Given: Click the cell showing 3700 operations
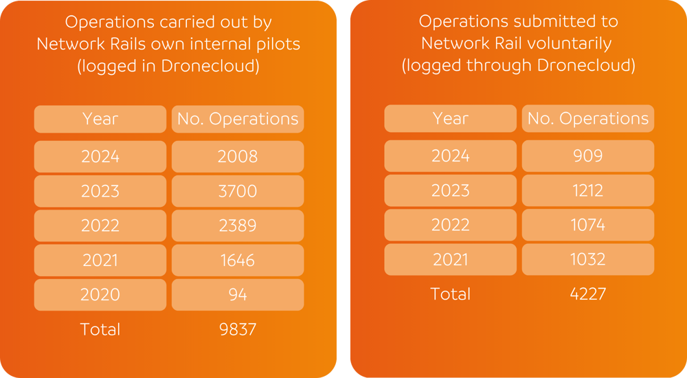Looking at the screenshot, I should click(237, 191).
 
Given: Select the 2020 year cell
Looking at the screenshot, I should click(100, 295).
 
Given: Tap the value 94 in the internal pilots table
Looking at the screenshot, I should click(237, 295).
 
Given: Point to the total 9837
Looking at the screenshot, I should click(237, 329).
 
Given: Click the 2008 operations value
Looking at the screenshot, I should click(237, 157).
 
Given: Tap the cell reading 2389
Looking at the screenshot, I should click(237, 225).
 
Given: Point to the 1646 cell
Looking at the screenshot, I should click(237, 260).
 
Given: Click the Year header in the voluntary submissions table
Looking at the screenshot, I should click(450, 118).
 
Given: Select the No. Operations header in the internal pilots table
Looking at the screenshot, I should click(237, 119).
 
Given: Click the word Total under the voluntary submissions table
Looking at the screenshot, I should click(450, 294).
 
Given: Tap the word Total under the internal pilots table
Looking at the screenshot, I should click(100, 329).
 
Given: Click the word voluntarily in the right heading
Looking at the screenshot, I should click(568, 43).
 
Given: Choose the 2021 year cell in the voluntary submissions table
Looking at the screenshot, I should click(450, 259).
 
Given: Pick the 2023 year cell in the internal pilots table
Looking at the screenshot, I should click(100, 191).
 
